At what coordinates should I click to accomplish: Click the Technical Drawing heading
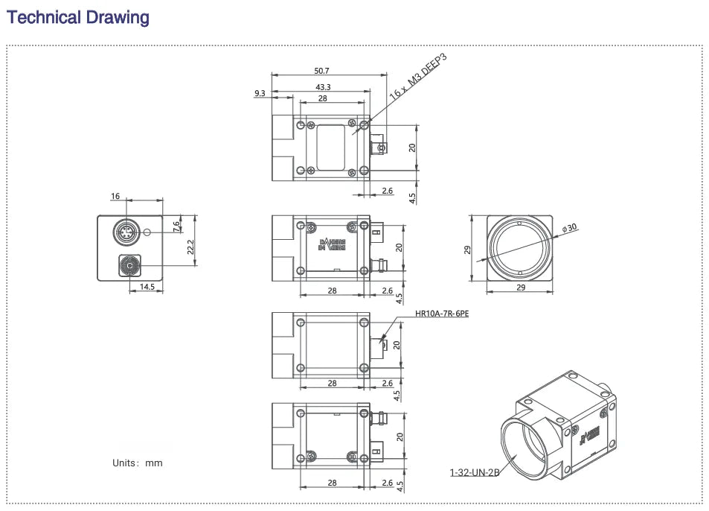pyautogui.click(x=78, y=17)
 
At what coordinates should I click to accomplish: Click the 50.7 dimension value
pyautogui.click(x=321, y=71)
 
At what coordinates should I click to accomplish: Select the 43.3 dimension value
pyautogui.click(x=322, y=86)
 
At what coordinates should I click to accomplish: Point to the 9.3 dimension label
pyautogui.click(x=260, y=93)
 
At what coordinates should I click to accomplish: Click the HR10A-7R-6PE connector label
pyautogui.click(x=442, y=314)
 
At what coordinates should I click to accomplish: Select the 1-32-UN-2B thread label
pyautogui.click(x=474, y=472)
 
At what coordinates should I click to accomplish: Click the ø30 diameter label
pyautogui.click(x=570, y=228)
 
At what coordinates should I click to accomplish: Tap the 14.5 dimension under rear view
pyautogui.click(x=147, y=287)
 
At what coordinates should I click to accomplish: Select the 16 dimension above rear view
pyautogui.click(x=115, y=197)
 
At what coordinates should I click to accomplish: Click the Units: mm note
pyautogui.click(x=137, y=463)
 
